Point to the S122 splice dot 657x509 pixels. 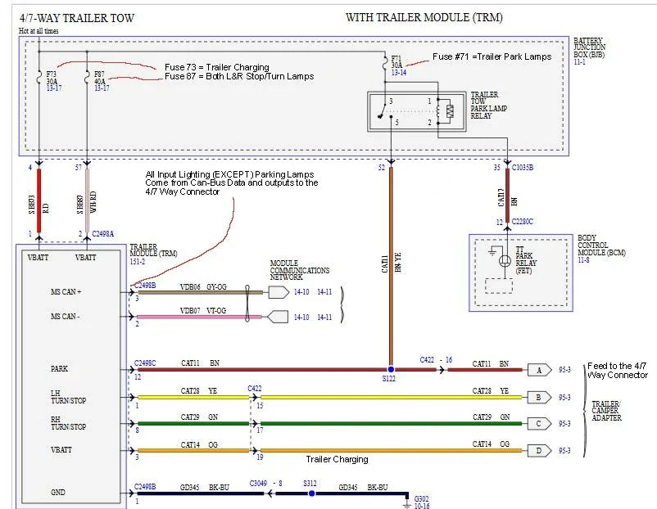coord(391,370)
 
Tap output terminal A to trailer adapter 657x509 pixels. coord(538,370)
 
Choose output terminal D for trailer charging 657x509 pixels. coord(538,450)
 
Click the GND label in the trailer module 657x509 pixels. coord(57,493)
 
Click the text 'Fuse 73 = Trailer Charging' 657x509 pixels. coord(216,67)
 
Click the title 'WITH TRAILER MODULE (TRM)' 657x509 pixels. coord(424,17)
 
